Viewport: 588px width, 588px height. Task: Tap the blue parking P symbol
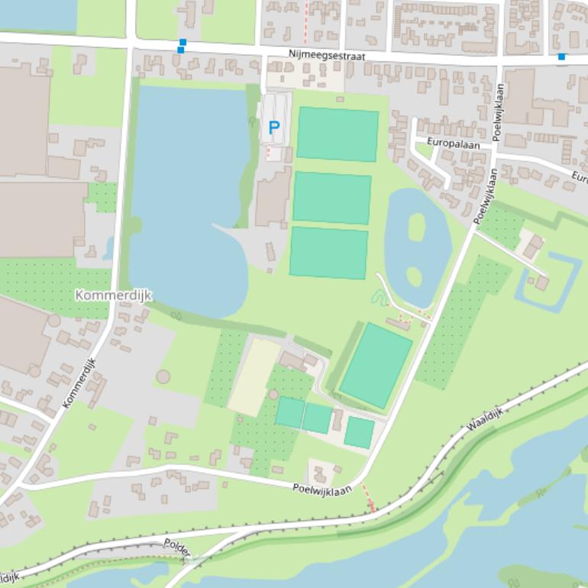tap(273, 128)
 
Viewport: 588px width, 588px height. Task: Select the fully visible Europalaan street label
tap(447, 144)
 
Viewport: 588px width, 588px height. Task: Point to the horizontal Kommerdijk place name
tap(114, 295)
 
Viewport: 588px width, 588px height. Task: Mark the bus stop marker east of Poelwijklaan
tap(561, 56)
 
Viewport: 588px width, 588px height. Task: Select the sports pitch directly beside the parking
tap(338, 134)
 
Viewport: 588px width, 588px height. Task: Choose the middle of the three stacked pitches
tap(331, 198)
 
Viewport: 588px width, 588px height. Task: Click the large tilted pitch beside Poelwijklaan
tap(376, 365)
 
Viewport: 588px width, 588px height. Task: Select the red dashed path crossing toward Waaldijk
tap(368, 497)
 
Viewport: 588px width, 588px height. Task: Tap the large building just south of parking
tap(273, 197)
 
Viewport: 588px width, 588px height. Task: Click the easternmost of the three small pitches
tap(359, 432)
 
